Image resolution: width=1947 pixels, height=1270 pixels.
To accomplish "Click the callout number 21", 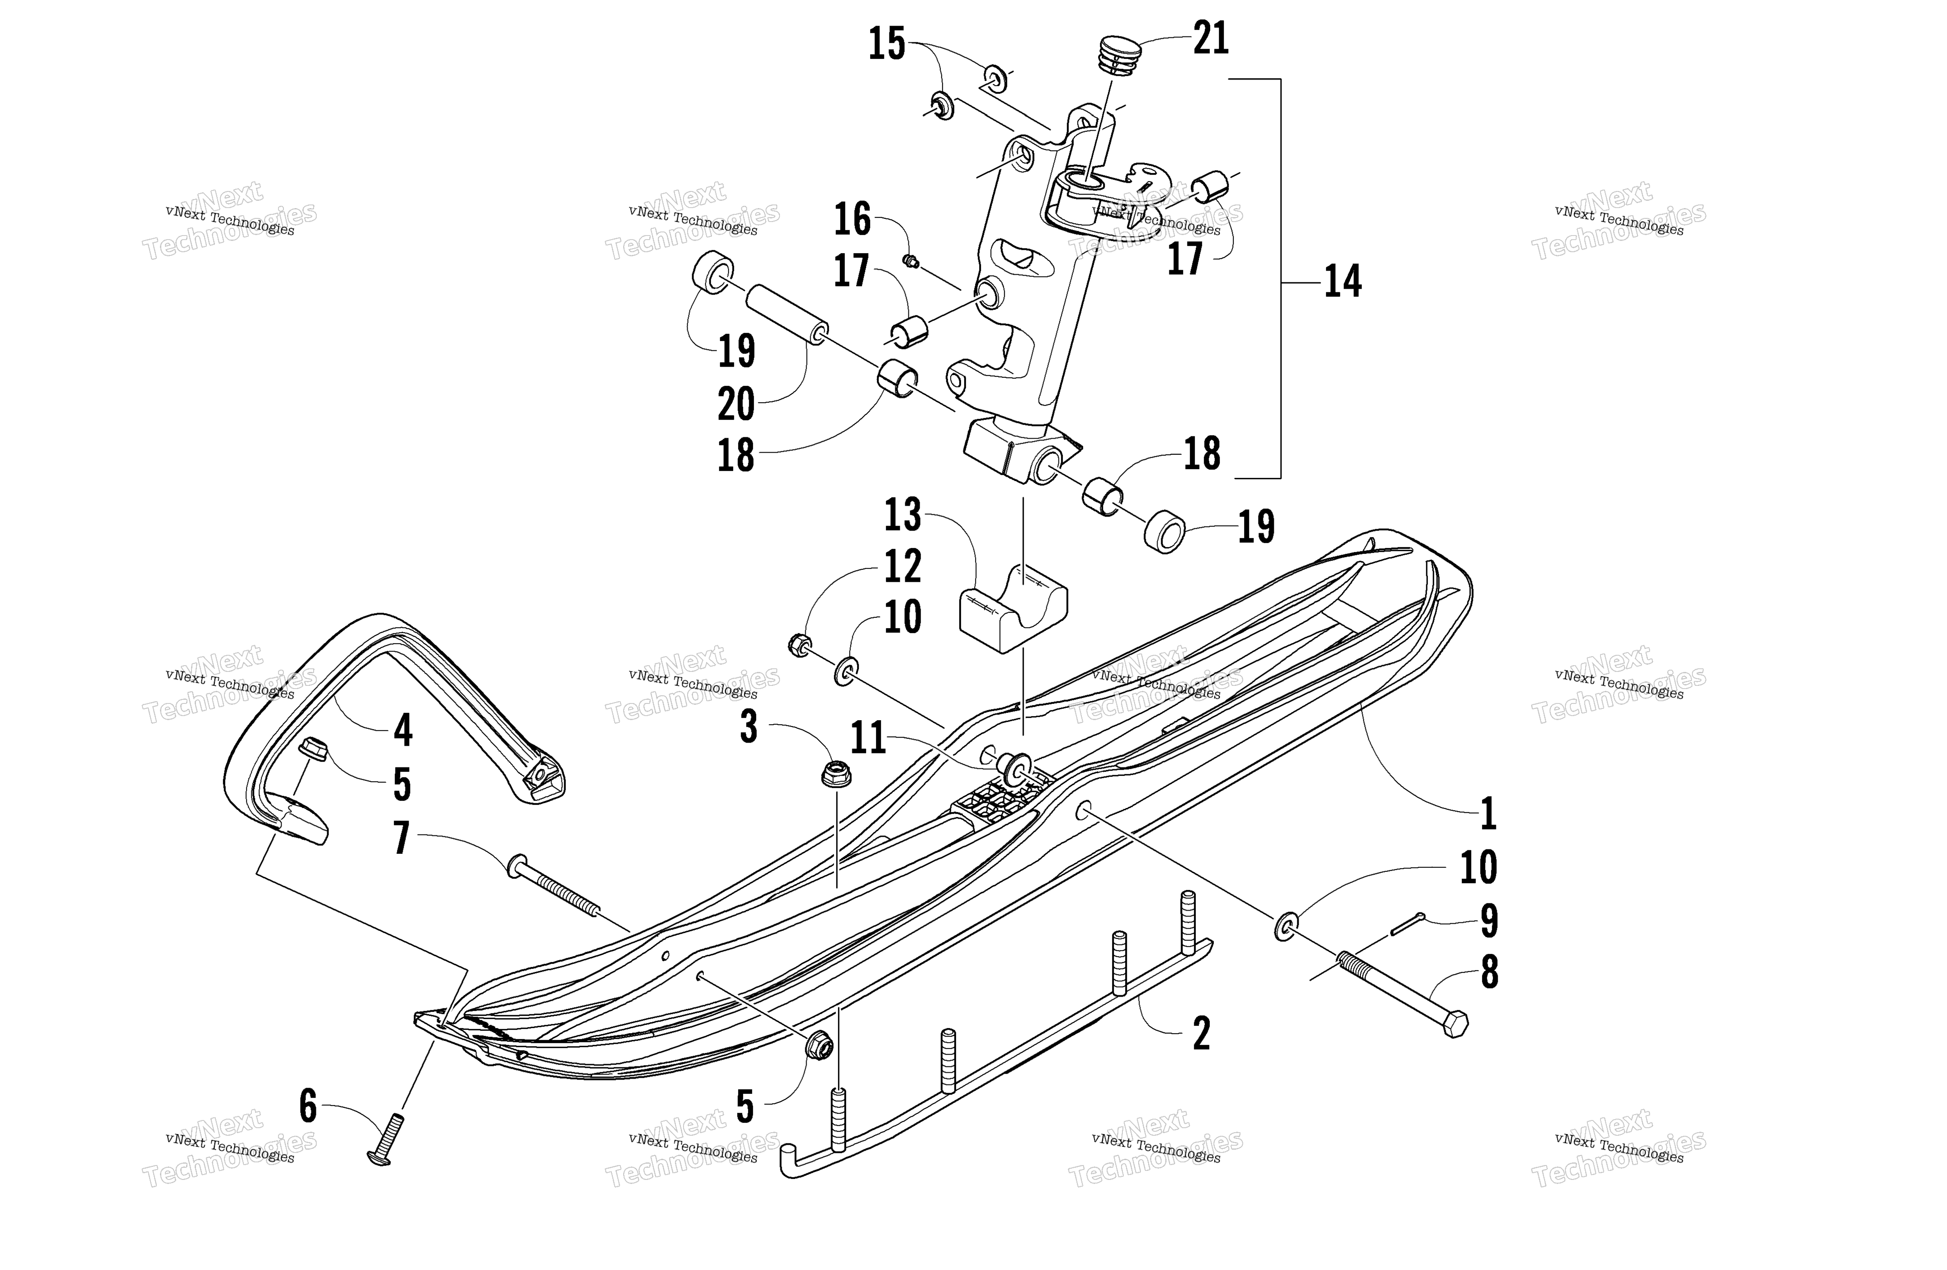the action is tap(1211, 38).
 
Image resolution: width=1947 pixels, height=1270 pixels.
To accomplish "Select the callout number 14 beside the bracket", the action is tap(1342, 281).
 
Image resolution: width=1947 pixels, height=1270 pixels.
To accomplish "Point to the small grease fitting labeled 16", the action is tap(911, 262).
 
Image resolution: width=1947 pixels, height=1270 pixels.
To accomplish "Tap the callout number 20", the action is tap(736, 404).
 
